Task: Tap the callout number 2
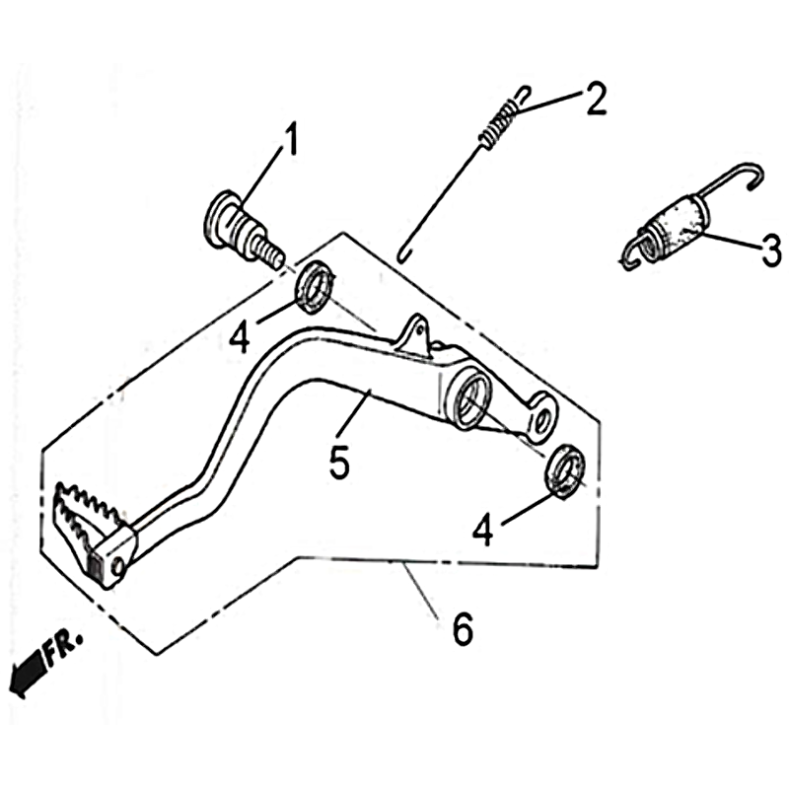(x=596, y=99)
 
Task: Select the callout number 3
(x=771, y=251)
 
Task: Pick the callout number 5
(x=339, y=461)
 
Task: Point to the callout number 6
(x=463, y=628)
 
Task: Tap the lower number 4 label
(x=482, y=529)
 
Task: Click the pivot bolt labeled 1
(x=243, y=229)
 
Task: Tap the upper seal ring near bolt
(x=316, y=287)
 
